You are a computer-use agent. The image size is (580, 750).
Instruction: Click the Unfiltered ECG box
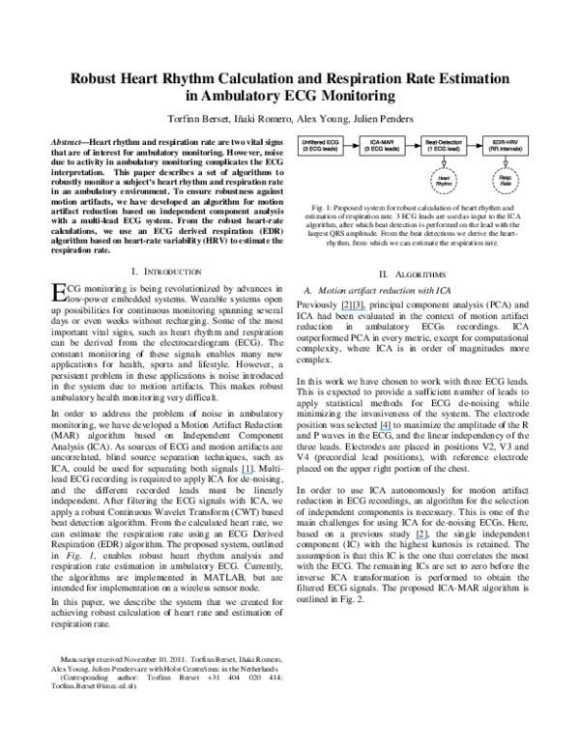coord(320,146)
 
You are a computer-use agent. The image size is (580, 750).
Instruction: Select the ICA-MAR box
coord(382,146)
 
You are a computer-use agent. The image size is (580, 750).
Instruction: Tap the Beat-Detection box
coord(444,146)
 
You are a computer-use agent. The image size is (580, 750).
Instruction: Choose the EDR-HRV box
coord(506,146)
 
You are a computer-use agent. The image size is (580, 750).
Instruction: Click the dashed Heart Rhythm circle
coord(444,181)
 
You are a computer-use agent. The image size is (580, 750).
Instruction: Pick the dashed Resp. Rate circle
coord(506,181)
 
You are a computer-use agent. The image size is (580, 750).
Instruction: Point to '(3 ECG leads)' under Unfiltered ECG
coord(320,150)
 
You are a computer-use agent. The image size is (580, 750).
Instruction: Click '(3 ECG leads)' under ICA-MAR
coord(382,150)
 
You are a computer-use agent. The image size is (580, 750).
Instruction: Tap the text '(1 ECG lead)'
coord(444,150)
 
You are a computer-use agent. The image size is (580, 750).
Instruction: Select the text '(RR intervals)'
coord(506,150)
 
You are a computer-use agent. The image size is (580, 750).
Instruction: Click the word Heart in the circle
coord(444,178)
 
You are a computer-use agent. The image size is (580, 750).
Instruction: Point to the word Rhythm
coord(444,184)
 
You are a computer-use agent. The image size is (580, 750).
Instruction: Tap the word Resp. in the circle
coord(506,178)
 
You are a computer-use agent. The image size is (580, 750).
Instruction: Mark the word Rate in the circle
coord(506,184)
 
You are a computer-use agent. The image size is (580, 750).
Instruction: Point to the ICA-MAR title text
coord(382,142)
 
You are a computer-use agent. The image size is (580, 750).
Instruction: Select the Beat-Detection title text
coord(444,142)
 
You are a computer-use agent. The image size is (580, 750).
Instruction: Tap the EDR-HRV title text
coord(506,142)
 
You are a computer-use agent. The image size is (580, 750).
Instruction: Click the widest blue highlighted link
coord(353,310)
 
